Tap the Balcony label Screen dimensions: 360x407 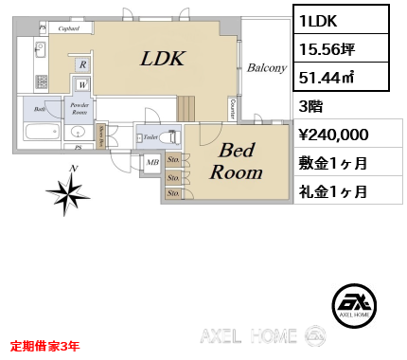click(x=267, y=68)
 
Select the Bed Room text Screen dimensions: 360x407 click(x=236, y=161)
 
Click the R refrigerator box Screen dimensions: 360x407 click(x=82, y=63)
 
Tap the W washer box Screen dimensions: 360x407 click(x=82, y=82)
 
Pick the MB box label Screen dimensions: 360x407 click(x=151, y=162)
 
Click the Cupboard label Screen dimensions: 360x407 click(x=68, y=29)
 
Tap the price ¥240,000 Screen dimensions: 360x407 click(x=340, y=135)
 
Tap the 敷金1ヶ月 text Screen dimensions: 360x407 click(x=333, y=163)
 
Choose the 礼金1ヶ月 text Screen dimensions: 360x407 click(x=333, y=191)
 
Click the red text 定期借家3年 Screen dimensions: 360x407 click(x=45, y=346)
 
